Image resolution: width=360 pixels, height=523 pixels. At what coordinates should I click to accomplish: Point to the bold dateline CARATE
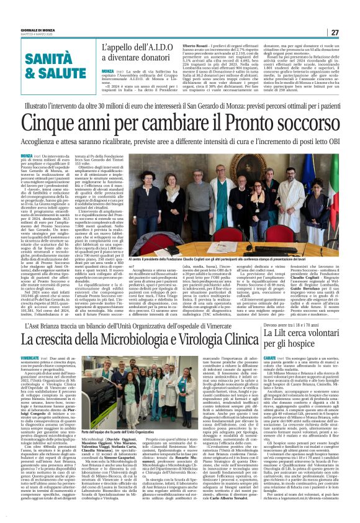271,359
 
